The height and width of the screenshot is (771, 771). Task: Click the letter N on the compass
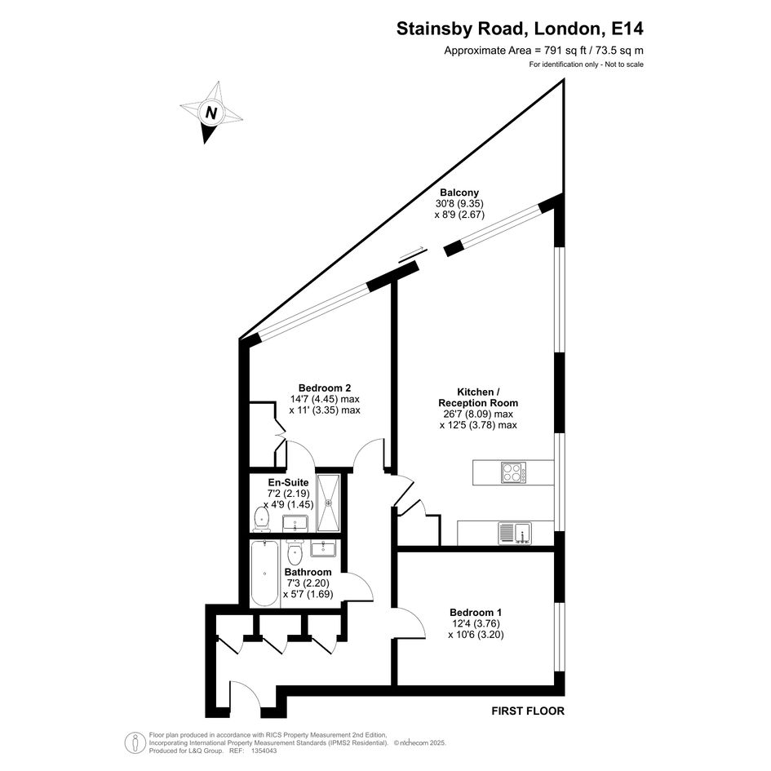click(211, 113)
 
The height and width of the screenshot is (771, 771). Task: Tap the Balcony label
click(459, 193)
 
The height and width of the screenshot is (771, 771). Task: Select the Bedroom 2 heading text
click(325, 388)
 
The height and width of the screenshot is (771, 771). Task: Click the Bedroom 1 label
click(476, 613)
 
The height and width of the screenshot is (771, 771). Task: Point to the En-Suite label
click(288, 482)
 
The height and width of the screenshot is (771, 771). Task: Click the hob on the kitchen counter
click(514, 472)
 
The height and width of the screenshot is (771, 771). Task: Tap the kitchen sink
click(515, 533)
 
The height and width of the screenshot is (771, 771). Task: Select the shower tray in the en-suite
click(328, 503)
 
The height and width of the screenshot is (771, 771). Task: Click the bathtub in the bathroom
click(264, 574)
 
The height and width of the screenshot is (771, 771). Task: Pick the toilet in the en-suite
click(262, 519)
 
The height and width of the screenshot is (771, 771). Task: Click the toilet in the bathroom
click(295, 552)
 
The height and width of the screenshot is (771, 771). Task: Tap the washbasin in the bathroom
click(323, 547)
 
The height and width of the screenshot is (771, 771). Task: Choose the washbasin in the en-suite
click(295, 523)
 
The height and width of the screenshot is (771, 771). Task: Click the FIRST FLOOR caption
click(528, 711)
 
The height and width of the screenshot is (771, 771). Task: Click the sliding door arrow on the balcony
click(412, 253)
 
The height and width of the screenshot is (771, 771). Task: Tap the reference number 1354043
click(264, 751)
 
